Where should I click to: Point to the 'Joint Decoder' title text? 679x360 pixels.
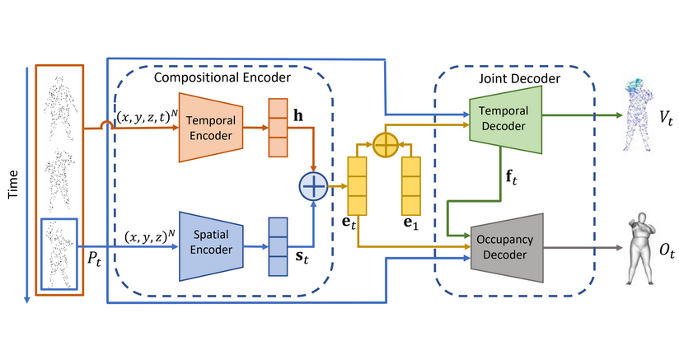519,78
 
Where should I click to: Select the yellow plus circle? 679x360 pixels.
385,145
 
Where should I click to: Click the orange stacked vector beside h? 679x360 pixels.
277,127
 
